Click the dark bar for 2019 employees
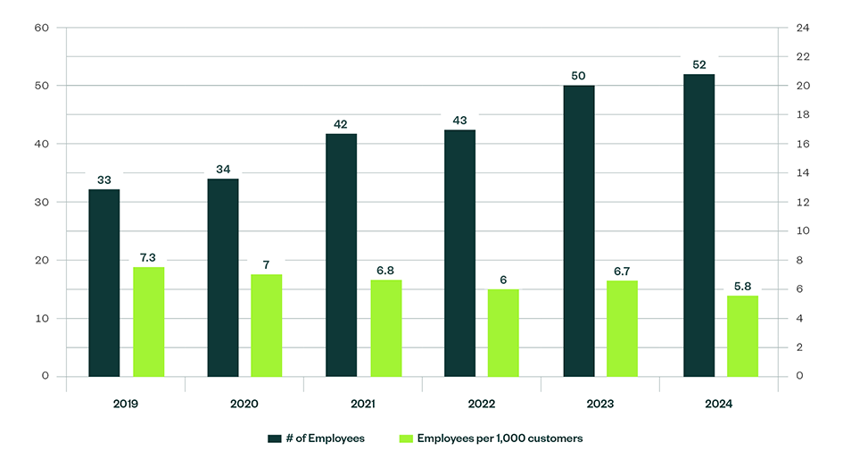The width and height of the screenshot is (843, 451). click(103, 282)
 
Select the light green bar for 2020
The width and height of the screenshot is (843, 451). click(266, 325)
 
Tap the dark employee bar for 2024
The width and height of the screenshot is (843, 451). click(698, 225)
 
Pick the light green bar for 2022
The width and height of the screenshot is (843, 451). click(503, 332)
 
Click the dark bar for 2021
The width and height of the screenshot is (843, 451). click(341, 255)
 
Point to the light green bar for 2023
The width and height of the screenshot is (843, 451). click(622, 328)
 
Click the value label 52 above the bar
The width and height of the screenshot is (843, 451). click(698, 63)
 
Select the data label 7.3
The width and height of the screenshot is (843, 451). click(148, 257)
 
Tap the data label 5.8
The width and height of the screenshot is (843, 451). click(742, 286)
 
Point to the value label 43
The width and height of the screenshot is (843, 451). click(459, 120)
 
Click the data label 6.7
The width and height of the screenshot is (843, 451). click(622, 271)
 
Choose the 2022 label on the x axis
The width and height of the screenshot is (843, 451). click(482, 404)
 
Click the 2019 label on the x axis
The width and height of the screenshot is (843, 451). click(126, 404)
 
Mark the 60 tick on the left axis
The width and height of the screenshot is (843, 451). click(42, 28)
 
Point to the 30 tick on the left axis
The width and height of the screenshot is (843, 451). click(42, 202)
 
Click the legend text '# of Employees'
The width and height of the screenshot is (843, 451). click(326, 438)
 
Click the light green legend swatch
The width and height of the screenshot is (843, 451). click(405, 438)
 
